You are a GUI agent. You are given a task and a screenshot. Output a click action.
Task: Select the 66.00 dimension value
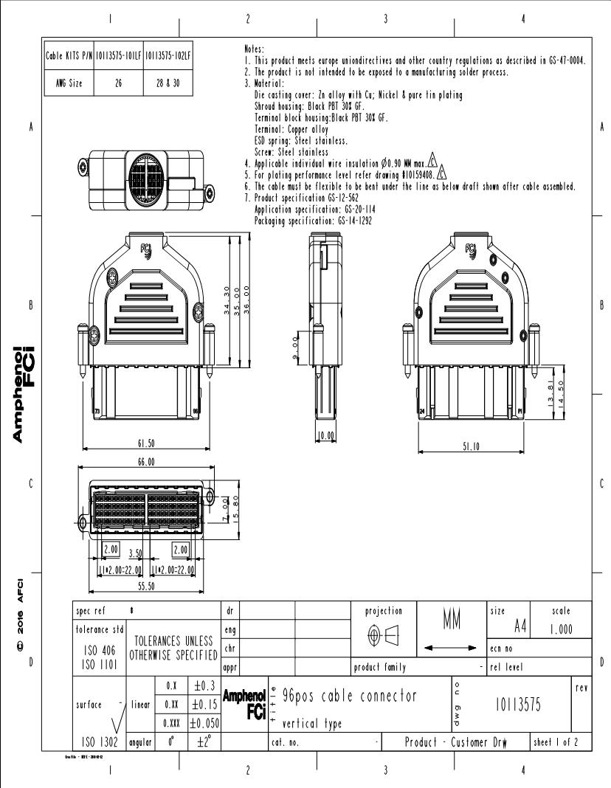click(x=146, y=463)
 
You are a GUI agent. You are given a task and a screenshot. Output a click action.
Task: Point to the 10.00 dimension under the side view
click(x=325, y=437)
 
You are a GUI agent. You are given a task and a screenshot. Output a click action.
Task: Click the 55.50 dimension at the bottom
click(x=146, y=587)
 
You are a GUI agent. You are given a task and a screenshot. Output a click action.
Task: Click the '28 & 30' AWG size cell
click(x=168, y=83)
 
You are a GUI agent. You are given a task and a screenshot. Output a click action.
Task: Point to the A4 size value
click(x=516, y=626)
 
